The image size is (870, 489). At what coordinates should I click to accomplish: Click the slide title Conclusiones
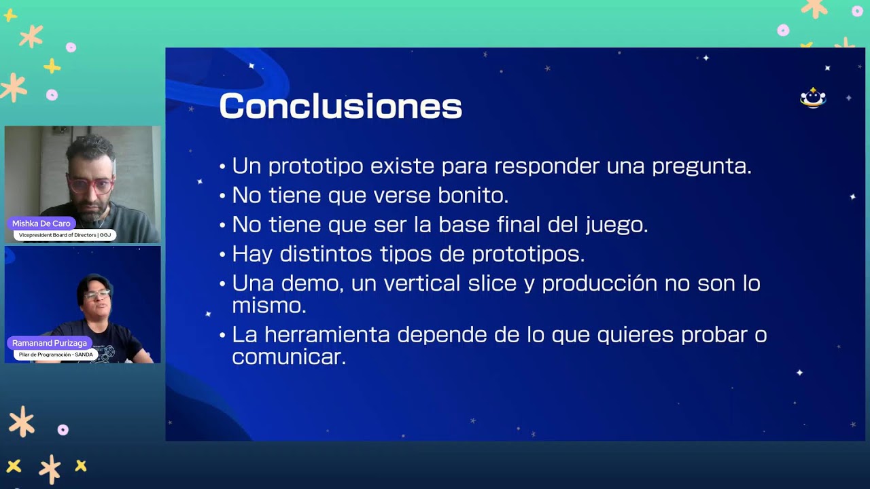click(x=341, y=105)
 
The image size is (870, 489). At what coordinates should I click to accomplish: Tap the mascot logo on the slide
click(x=813, y=98)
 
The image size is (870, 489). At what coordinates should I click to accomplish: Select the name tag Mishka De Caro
click(x=41, y=223)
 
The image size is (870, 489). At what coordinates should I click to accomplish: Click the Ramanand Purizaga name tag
click(x=50, y=343)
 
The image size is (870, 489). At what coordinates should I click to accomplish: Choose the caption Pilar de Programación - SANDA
click(x=56, y=355)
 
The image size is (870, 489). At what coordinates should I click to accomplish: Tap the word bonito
click(x=473, y=195)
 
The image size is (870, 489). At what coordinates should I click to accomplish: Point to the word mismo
click(x=269, y=306)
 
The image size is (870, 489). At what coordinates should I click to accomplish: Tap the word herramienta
click(x=327, y=335)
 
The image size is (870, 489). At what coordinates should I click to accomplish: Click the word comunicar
click(x=289, y=357)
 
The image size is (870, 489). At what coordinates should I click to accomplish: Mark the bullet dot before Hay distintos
click(x=222, y=255)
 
